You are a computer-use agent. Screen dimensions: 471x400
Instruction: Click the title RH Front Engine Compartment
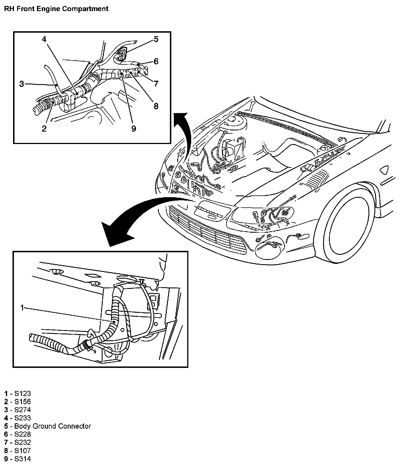coord(56,9)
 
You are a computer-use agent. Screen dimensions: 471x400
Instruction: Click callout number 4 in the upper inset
coord(44,39)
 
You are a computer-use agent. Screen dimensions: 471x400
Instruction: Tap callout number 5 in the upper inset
coord(156,39)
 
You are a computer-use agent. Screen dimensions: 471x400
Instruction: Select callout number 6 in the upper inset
coord(156,61)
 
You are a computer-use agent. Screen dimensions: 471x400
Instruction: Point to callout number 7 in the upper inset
coord(156,84)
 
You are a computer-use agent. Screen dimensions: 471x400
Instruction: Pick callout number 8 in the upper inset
coord(156,106)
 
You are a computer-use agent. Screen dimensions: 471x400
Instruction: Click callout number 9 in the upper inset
coord(134,129)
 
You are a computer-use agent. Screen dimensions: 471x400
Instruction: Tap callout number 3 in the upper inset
coord(22,84)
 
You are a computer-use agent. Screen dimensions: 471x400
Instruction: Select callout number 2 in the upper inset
coord(44,129)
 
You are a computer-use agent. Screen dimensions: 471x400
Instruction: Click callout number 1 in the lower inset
coord(22,307)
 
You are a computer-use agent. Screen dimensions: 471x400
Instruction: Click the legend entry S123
coord(22,393)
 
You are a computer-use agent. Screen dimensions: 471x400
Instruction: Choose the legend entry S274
coord(22,410)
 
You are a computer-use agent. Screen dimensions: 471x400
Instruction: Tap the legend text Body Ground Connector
coord(53,426)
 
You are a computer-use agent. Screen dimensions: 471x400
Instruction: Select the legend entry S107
coord(22,451)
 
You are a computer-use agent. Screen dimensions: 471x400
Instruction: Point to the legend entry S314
coord(22,459)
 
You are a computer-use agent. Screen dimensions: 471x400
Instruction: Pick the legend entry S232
coord(22,442)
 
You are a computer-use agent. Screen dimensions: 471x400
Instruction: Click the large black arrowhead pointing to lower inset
coord(114,233)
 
